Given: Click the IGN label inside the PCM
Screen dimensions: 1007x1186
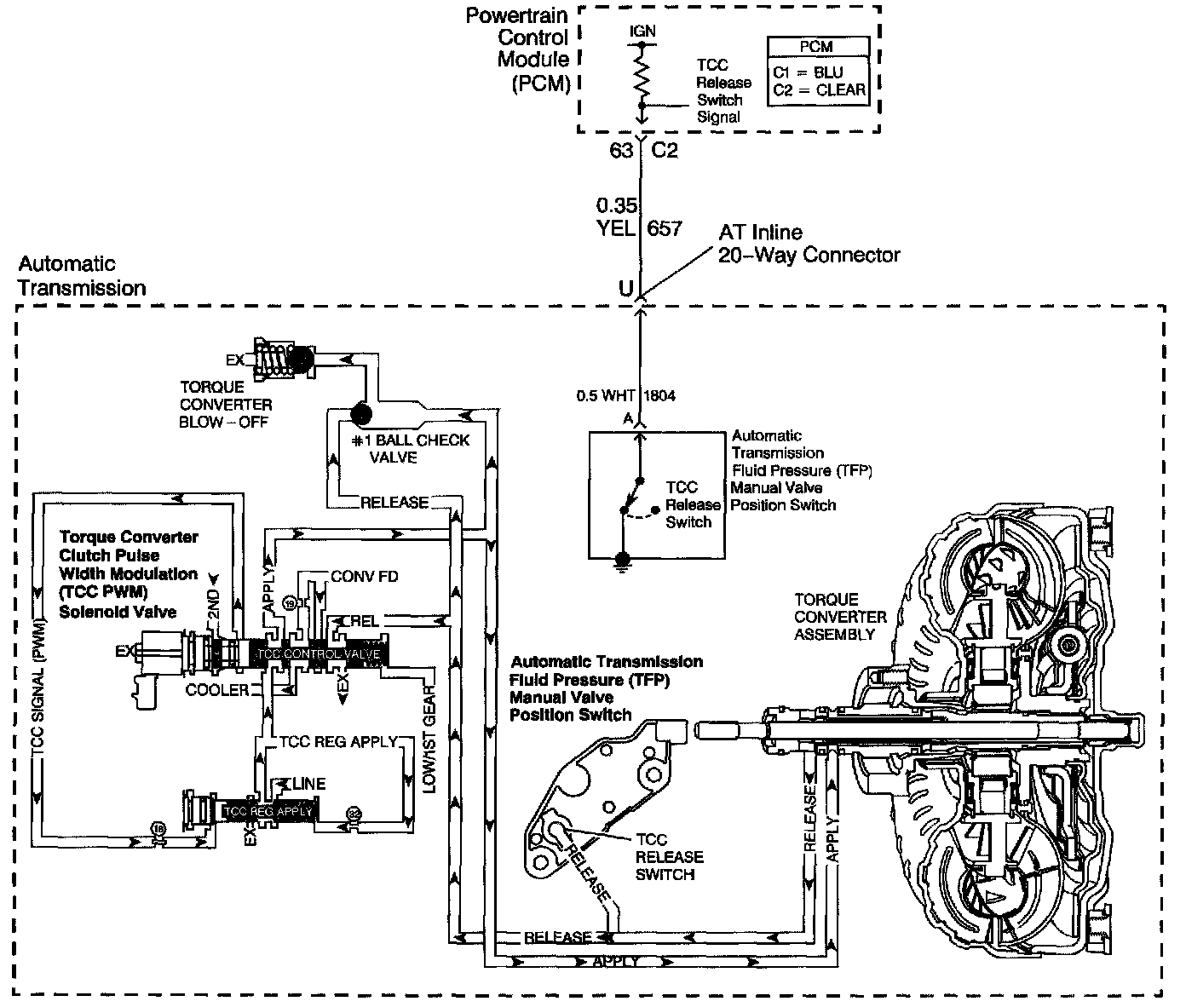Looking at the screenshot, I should pos(642,31).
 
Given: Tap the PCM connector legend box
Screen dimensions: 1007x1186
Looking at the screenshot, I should pos(819,72).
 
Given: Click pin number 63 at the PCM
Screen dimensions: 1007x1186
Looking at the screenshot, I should pos(621,151).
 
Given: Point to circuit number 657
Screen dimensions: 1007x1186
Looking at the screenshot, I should pos(665,227).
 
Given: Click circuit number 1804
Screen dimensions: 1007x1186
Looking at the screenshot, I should pos(659,395).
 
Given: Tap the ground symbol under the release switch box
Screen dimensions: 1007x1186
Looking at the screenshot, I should pos(624,561).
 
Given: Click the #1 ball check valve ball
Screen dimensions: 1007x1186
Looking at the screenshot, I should pos(360,415).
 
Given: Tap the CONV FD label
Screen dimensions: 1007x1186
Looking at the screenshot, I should pos(364,577).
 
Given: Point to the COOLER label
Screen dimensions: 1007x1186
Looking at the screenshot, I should pos(217,690).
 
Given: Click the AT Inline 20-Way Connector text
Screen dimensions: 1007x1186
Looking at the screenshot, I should pos(809,243).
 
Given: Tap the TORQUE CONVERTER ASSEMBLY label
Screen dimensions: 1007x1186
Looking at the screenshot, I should pos(840,616).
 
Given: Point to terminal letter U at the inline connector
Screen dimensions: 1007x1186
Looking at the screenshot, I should pos(625,289).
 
